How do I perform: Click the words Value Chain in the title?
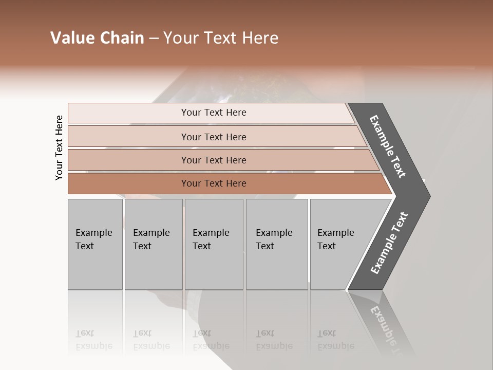point(97,38)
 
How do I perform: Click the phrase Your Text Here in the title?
point(221,38)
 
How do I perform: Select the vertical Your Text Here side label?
point(59,147)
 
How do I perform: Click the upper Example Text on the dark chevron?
point(388,146)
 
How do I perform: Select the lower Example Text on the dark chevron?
point(389,243)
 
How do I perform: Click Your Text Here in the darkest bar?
point(214,183)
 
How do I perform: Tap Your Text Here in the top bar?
point(214,113)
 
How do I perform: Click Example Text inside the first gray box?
point(93,239)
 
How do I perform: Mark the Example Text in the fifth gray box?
point(335,239)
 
